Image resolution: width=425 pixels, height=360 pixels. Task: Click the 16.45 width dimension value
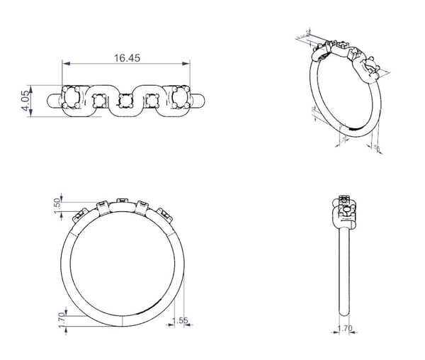click(x=126, y=57)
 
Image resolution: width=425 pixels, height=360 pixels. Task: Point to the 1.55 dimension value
click(x=181, y=321)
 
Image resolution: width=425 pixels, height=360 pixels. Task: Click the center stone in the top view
click(x=126, y=100)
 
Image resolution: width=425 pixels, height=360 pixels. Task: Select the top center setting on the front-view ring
click(x=123, y=201)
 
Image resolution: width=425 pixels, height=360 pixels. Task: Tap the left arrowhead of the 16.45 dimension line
click(x=64, y=65)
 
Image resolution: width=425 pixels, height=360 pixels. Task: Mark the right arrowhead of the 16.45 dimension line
click(x=188, y=65)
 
